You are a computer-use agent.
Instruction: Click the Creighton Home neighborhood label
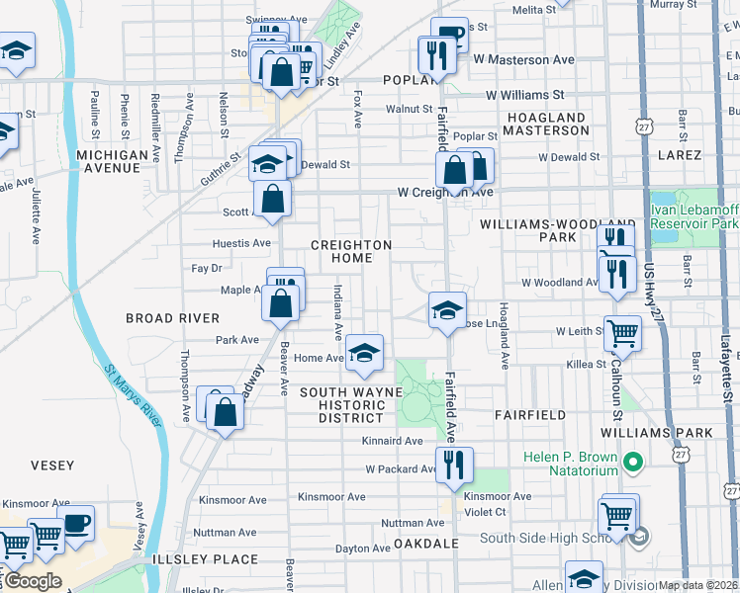[x=351, y=251]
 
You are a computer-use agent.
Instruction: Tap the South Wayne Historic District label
[x=351, y=405]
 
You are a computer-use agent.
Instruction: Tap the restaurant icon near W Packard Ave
[x=454, y=465]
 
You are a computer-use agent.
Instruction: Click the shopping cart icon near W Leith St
[x=622, y=334]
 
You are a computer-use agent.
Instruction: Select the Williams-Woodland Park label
[x=557, y=231]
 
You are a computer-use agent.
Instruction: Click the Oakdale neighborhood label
[x=426, y=544]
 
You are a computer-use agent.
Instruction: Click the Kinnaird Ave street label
[x=393, y=441]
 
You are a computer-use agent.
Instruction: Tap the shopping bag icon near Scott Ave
[x=272, y=199]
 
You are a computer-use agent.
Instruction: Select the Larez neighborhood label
[x=679, y=155]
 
